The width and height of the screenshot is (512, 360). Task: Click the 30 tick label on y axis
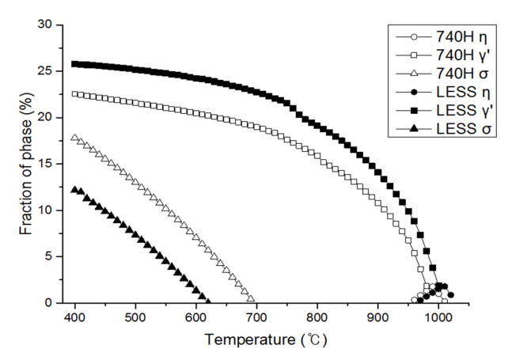click(51, 25)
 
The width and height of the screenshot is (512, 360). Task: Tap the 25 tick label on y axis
click(51, 71)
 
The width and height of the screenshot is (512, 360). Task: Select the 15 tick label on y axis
click(51, 164)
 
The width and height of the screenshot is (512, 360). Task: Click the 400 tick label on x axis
click(75, 318)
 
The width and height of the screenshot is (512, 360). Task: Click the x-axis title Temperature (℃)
click(265, 340)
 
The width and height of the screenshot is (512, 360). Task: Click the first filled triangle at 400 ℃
click(75, 190)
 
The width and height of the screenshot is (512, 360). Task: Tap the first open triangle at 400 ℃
click(75, 138)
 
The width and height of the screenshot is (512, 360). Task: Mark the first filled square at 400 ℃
click(75, 64)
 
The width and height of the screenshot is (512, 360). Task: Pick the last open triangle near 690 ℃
click(251, 298)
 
